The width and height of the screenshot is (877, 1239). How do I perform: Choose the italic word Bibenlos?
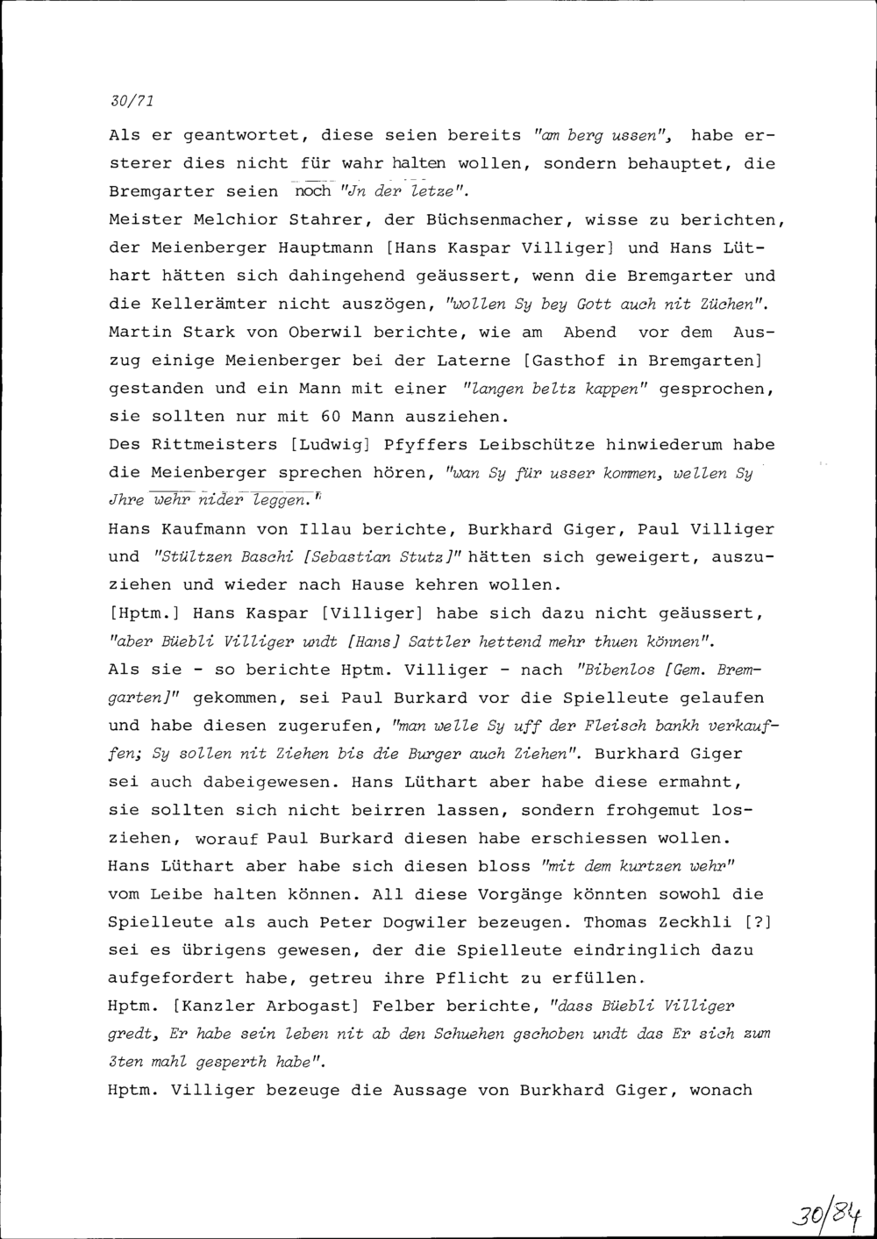coord(614,670)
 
